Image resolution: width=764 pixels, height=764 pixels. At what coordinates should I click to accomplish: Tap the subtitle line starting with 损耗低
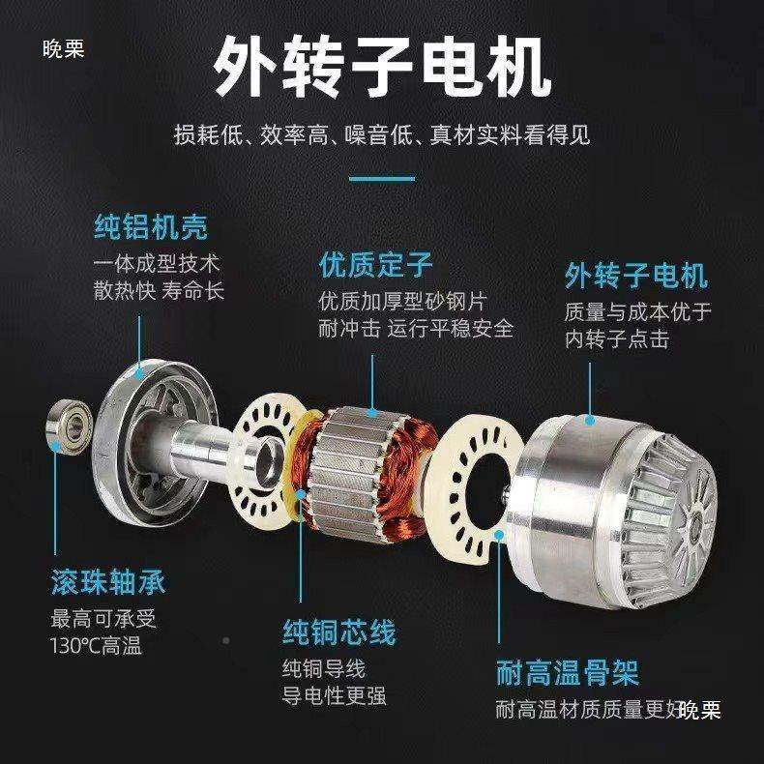[x=382, y=133]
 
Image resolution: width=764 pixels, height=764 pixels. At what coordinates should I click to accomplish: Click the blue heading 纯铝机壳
[x=150, y=228]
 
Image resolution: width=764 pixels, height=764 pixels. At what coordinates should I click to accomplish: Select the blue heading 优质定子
[x=376, y=265]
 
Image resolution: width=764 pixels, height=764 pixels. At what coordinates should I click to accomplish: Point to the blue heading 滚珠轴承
[x=108, y=582]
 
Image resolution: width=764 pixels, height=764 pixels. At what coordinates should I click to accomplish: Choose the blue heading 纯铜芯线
[x=338, y=633]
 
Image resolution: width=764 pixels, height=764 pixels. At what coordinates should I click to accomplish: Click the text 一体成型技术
[x=158, y=262]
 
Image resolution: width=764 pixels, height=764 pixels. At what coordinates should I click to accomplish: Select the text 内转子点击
[x=617, y=339]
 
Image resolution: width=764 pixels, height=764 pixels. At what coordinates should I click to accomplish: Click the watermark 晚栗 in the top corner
[x=64, y=48]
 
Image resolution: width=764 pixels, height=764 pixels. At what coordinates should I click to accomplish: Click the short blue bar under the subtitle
[x=381, y=178]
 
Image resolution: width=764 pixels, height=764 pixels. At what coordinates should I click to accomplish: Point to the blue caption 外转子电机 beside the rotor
[x=635, y=276]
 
